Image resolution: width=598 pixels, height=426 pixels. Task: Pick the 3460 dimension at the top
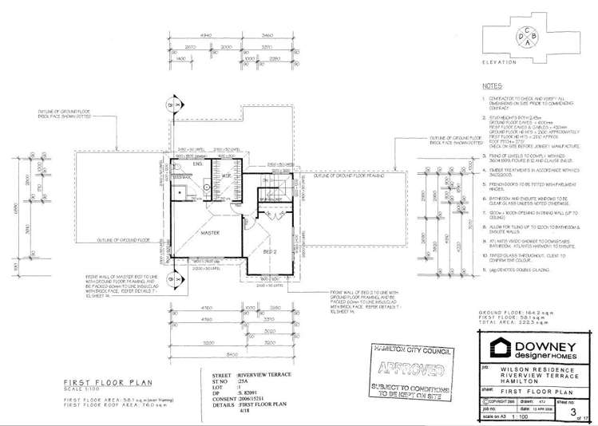tap(267, 36)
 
